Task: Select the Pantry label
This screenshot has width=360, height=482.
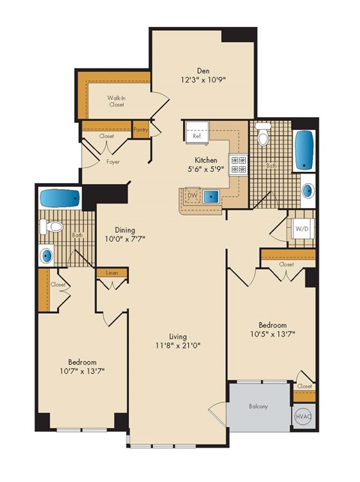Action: point(141,130)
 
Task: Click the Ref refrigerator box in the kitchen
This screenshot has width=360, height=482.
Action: point(197,133)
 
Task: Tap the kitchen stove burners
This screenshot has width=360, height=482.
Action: point(238,164)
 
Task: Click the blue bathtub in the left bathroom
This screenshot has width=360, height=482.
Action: point(59,199)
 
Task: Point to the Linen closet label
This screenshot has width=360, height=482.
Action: point(112,273)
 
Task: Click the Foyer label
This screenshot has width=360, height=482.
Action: point(112,161)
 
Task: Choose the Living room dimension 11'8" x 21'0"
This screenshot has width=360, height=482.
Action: point(178,346)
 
